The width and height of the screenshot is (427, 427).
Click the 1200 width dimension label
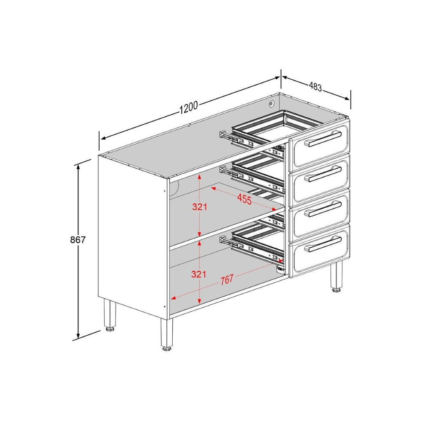click(x=188, y=107)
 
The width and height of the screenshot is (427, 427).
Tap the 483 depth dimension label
click(x=315, y=87)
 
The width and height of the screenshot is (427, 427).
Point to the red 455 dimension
click(x=244, y=199)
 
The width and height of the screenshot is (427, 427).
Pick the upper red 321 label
click(x=199, y=206)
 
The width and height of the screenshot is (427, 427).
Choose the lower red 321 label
click(x=199, y=274)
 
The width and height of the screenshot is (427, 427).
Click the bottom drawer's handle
click(x=323, y=244)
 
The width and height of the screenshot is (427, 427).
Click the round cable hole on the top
click(x=271, y=103)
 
